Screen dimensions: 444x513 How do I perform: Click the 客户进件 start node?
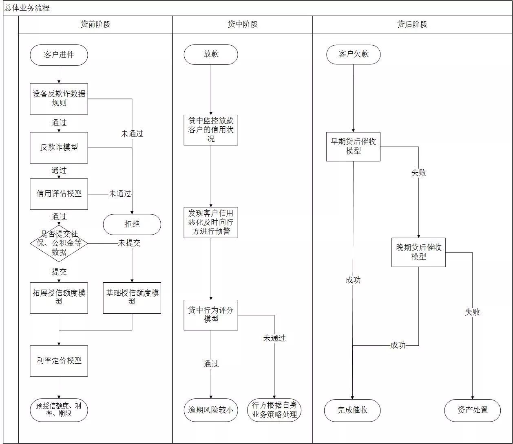click(59, 55)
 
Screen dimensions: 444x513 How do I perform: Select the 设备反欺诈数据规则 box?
click(59, 99)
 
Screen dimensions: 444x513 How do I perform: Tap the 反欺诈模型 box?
click(59, 147)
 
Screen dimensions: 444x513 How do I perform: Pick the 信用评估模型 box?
click(59, 194)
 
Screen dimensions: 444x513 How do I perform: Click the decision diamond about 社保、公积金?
click(59, 244)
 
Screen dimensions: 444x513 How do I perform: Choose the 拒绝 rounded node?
click(132, 224)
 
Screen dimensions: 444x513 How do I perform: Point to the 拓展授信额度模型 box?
click(59, 298)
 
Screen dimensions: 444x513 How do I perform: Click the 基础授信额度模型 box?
click(132, 298)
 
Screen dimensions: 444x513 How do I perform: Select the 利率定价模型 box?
click(59, 361)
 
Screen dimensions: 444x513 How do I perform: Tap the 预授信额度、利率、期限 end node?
click(59, 410)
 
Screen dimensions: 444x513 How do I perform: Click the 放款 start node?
click(211, 54)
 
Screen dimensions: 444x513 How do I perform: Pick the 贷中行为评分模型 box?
click(211, 315)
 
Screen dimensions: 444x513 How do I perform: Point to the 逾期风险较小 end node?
click(211, 410)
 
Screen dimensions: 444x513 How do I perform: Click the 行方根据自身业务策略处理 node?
click(274, 410)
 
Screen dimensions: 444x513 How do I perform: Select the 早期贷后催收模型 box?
click(353, 146)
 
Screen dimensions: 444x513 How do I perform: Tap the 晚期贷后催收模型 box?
click(418, 253)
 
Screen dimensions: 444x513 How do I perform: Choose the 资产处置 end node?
click(473, 410)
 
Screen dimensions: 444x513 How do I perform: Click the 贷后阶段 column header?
click(412, 24)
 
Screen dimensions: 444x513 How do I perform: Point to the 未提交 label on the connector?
click(129, 243)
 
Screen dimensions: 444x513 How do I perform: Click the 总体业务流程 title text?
click(27, 8)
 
